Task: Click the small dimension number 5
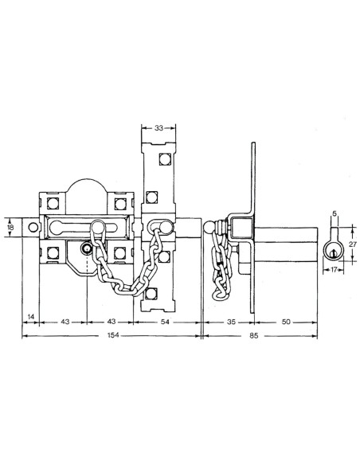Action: pyautogui.click(x=335, y=213)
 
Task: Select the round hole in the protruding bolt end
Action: pyautogui.click(x=32, y=229)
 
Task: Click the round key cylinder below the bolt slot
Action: pyautogui.click(x=86, y=249)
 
